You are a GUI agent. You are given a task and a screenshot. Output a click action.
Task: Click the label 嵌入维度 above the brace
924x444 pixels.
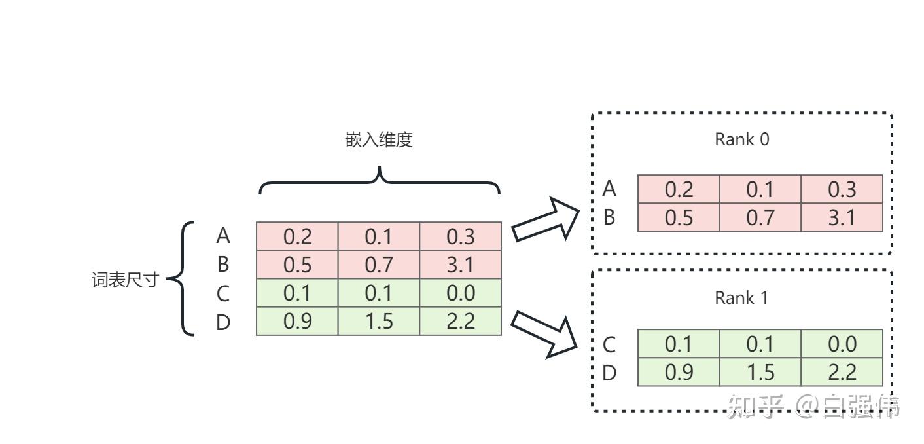click(379, 139)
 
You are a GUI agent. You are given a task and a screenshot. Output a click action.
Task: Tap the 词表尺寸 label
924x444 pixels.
click(124, 280)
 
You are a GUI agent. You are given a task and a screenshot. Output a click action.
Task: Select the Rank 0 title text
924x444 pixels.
click(741, 139)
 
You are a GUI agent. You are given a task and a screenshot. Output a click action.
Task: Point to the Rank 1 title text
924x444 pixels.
click(741, 298)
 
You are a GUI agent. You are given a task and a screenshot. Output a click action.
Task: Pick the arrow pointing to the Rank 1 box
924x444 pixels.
click(544, 333)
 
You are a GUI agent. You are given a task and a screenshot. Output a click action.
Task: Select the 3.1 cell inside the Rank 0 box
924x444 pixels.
click(842, 217)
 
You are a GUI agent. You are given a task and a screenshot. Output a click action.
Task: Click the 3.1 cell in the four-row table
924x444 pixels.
click(460, 265)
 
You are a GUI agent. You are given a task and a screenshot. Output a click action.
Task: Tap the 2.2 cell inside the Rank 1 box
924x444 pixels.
click(842, 373)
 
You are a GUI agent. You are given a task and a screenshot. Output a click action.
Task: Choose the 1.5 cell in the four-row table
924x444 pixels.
click(378, 322)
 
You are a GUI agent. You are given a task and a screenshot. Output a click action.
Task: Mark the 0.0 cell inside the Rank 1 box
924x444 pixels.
click(842, 344)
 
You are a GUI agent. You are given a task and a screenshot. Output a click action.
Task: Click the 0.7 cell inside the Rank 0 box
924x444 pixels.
click(760, 217)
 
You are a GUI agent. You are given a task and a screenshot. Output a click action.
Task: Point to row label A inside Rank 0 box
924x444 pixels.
click(609, 189)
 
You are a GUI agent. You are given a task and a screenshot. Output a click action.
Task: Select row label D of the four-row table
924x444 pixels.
click(223, 322)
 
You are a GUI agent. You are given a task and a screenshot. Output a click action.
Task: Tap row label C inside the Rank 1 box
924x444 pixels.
click(609, 344)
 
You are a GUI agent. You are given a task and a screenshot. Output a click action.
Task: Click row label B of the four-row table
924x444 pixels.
click(223, 265)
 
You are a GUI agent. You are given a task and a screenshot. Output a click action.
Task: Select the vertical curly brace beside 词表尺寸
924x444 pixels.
click(183, 279)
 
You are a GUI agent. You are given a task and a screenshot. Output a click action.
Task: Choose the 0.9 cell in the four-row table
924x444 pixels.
click(297, 322)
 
